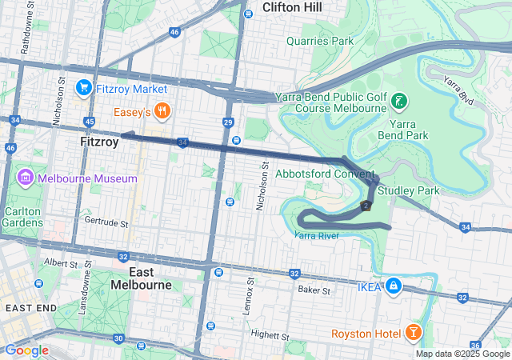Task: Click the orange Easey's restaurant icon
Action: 162,111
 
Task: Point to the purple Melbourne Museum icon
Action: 24,177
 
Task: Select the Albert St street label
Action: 60,261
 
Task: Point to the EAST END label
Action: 31,307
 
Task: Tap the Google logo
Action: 27,350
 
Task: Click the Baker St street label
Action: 314,290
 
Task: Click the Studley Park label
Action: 408,191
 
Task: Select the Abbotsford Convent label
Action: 324,174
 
